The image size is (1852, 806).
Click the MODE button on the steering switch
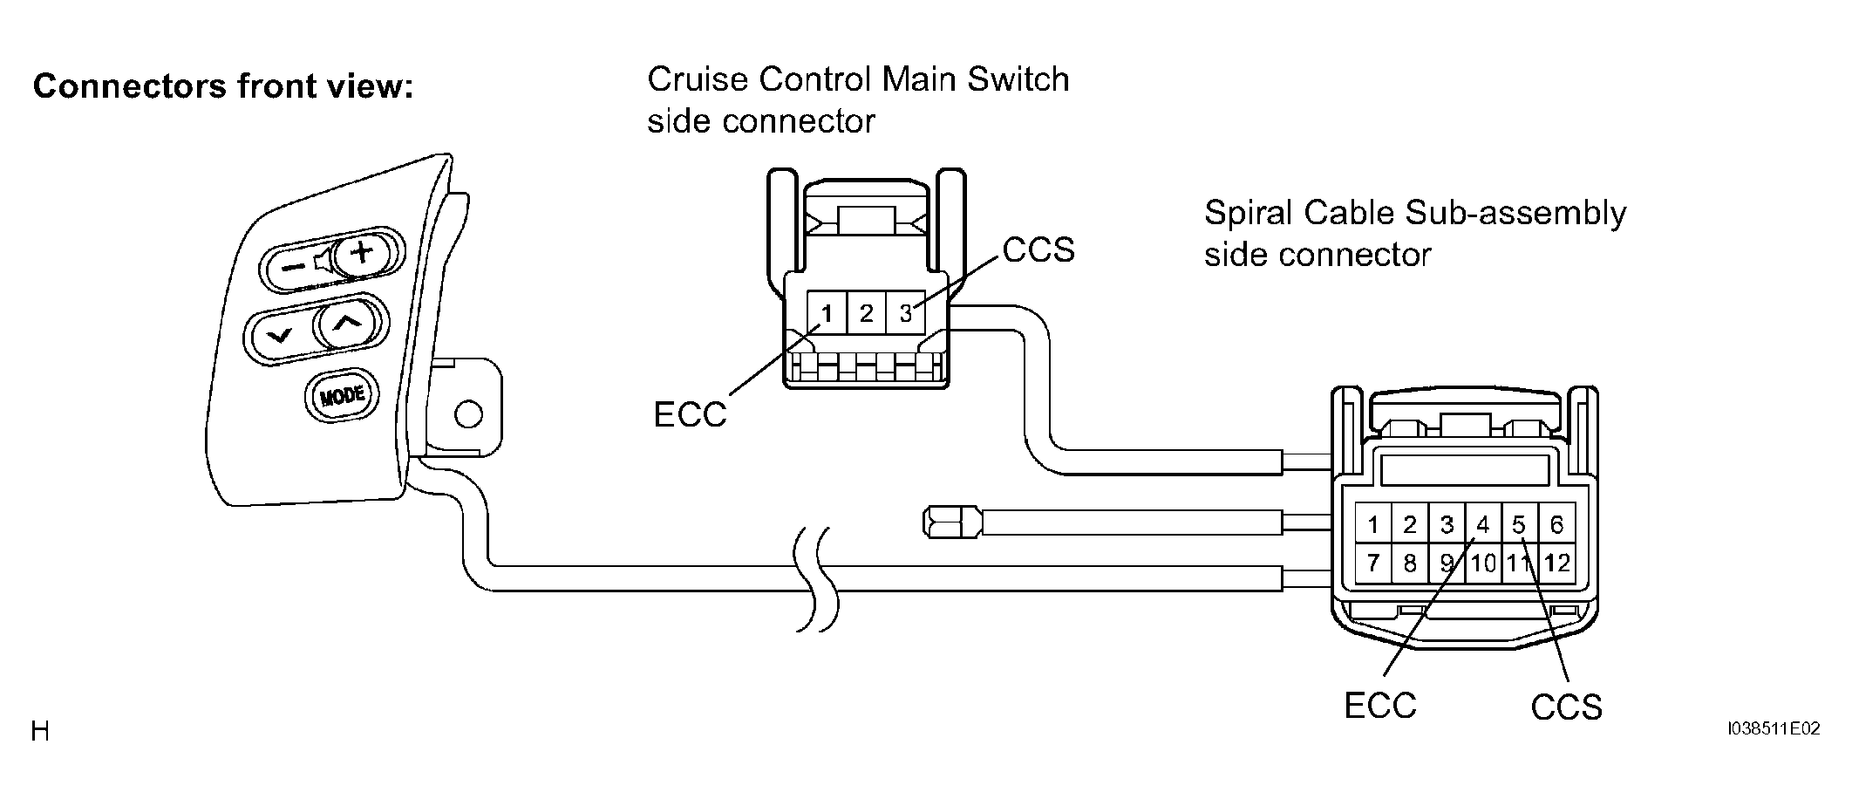pyautogui.click(x=341, y=396)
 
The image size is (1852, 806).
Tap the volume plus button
pyautogui.click(x=360, y=253)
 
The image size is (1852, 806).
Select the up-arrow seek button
pyautogui.click(x=346, y=324)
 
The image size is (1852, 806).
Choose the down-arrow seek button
pyautogui.click(x=281, y=334)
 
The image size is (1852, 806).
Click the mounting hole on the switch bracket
pyautogui.click(x=469, y=413)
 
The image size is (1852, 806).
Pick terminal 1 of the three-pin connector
pyautogui.click(x=827, y=312)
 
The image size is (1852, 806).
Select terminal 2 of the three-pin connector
pyautogui.click(x=866, y=312)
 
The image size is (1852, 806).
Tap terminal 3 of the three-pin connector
pyautogui.click(x=905, y=312)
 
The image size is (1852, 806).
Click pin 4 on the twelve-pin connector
pyautogui.click(x=1482, y=524)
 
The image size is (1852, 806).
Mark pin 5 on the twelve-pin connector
pyautogui.click(x=1519, y=524)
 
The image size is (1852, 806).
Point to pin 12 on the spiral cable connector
pyautogui.click(x=1556, y=564)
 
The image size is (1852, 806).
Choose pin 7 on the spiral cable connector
pyautogui.click(x=1373, y=564)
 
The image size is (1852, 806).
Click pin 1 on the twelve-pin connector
pyautogui.click(x=1373, y=524)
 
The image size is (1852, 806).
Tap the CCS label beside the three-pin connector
pyautogui.click(x=1038, y=250)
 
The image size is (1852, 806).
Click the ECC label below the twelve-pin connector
pyautogui.click(x=1380, y=706)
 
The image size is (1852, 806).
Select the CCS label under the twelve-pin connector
pyautogui.click(x=1566, y=707)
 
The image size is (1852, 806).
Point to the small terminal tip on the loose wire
pyautogui.click(x=951, y=523)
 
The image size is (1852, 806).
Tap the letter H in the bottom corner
pyautogui.click(x=40, y=731)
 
